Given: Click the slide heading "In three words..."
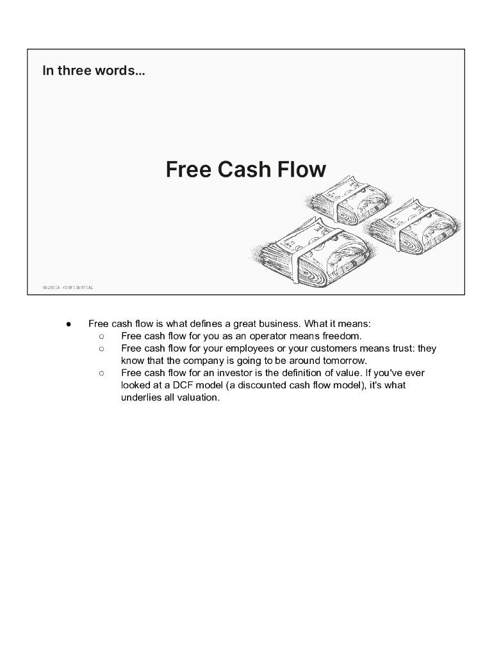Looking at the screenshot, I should tap(94, 70).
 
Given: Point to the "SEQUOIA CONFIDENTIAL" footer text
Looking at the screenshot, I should tap(68, 288).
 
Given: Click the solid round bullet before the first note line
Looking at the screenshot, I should tap(67, 324).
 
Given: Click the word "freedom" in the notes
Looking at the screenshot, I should tap(343, 336).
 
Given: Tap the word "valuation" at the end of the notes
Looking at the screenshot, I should tap(196, 397).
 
